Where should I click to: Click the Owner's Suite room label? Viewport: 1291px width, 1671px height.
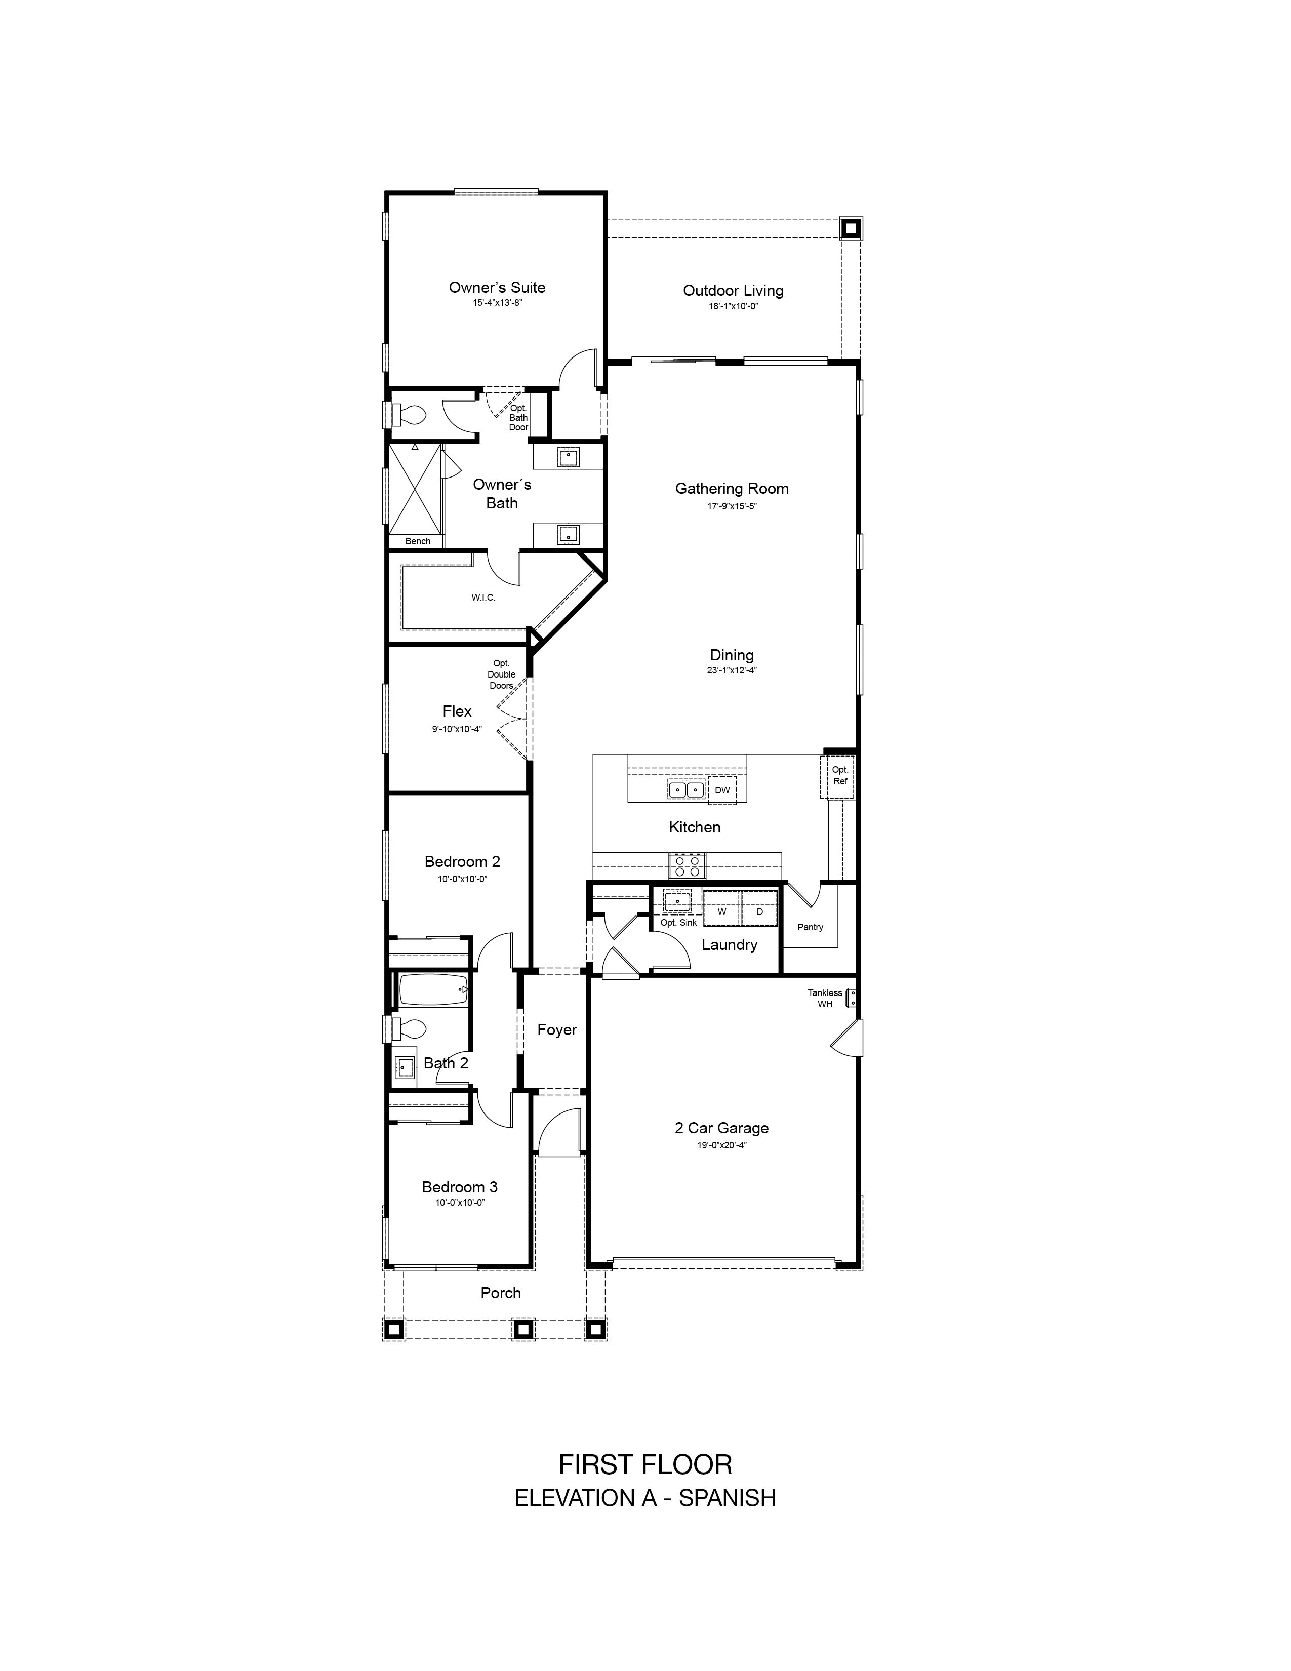coord(497,288)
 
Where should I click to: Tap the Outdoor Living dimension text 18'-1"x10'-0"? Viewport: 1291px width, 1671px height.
coord(733,306)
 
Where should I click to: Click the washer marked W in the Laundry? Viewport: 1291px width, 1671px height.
coord(721,912)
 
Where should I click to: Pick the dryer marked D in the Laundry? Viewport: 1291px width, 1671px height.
coord(759,912)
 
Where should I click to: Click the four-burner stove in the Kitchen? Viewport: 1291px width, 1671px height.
coord(688,865)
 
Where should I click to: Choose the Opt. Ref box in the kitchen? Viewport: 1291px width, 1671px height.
coord(839,777)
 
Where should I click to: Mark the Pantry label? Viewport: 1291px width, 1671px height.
coord(810,927)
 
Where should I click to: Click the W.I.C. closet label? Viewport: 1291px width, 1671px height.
coord(483,598)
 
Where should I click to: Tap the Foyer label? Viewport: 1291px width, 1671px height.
coord(557,1030)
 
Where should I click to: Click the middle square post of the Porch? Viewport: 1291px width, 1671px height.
coord(523,1329)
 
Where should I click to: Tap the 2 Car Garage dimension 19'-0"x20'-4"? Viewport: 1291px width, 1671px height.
coord(721,1145)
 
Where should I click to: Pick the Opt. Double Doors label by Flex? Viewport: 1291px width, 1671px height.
coord(502,674)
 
